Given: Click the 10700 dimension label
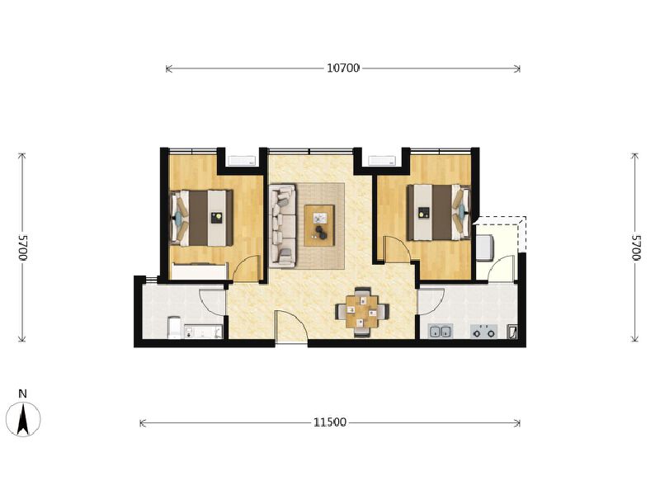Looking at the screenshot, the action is point(343,68).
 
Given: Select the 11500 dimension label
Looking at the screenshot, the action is point(330,422).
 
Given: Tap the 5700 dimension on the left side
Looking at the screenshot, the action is point(22,247).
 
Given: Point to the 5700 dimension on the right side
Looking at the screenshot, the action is point(635,247).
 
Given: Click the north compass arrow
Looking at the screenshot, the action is point(23,419).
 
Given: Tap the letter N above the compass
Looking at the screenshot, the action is point(23,394).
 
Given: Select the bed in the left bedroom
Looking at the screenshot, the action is point(201,218).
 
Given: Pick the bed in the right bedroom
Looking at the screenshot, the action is point(439,212).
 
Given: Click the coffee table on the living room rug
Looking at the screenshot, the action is point(319,225).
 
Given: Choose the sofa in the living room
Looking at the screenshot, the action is point(282,225).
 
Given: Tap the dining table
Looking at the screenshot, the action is point(362,312).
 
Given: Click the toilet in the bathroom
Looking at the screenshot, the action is point(174,328).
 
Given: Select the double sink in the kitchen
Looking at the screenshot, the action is point(441,331).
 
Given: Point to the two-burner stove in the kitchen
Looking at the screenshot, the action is point(483,332).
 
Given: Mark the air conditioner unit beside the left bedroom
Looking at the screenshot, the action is point(242,160).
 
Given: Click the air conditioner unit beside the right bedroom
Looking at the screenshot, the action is point(382,160).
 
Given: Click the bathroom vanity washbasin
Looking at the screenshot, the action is point(203,332).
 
